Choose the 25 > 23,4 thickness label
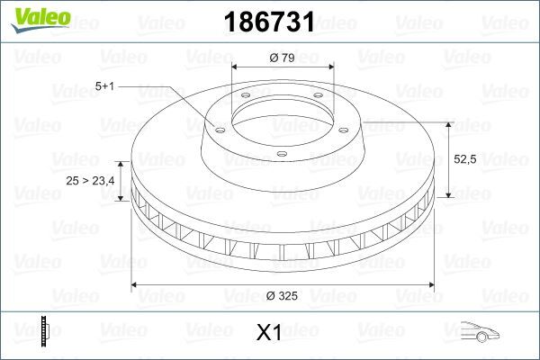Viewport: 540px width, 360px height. coord(90,181)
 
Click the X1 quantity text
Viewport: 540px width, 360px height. coord(269,332)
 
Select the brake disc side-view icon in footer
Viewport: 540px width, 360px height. coord(44,331)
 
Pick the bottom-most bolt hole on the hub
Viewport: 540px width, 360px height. coord(281,155)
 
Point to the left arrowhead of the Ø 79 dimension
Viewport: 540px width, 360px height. coord(236,68)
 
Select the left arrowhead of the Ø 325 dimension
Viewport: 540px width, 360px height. coord(136,285)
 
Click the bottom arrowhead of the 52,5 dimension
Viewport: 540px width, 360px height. coord(448,195)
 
